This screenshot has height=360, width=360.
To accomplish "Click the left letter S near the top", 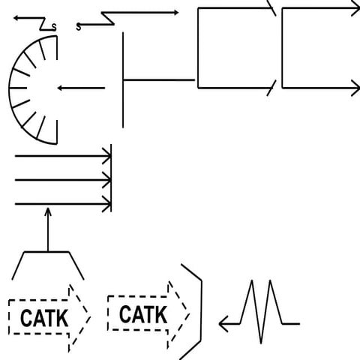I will tap(53, 28).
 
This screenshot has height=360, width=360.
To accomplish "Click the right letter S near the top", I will tap(79, 28).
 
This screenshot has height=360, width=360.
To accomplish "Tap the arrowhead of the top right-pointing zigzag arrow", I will tap(175, 12).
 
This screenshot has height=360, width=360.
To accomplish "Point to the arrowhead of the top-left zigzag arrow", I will tap(18, 19).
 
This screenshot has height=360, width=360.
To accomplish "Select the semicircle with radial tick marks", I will tap(28, 88).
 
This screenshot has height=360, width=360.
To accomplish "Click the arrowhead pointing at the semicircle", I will tap(60, 88).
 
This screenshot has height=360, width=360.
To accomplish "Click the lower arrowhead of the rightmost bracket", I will tap(355, 88).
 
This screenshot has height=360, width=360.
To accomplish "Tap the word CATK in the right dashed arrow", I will tap(142, 314).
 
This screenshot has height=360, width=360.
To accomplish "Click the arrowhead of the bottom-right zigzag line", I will tap(223, 324).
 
